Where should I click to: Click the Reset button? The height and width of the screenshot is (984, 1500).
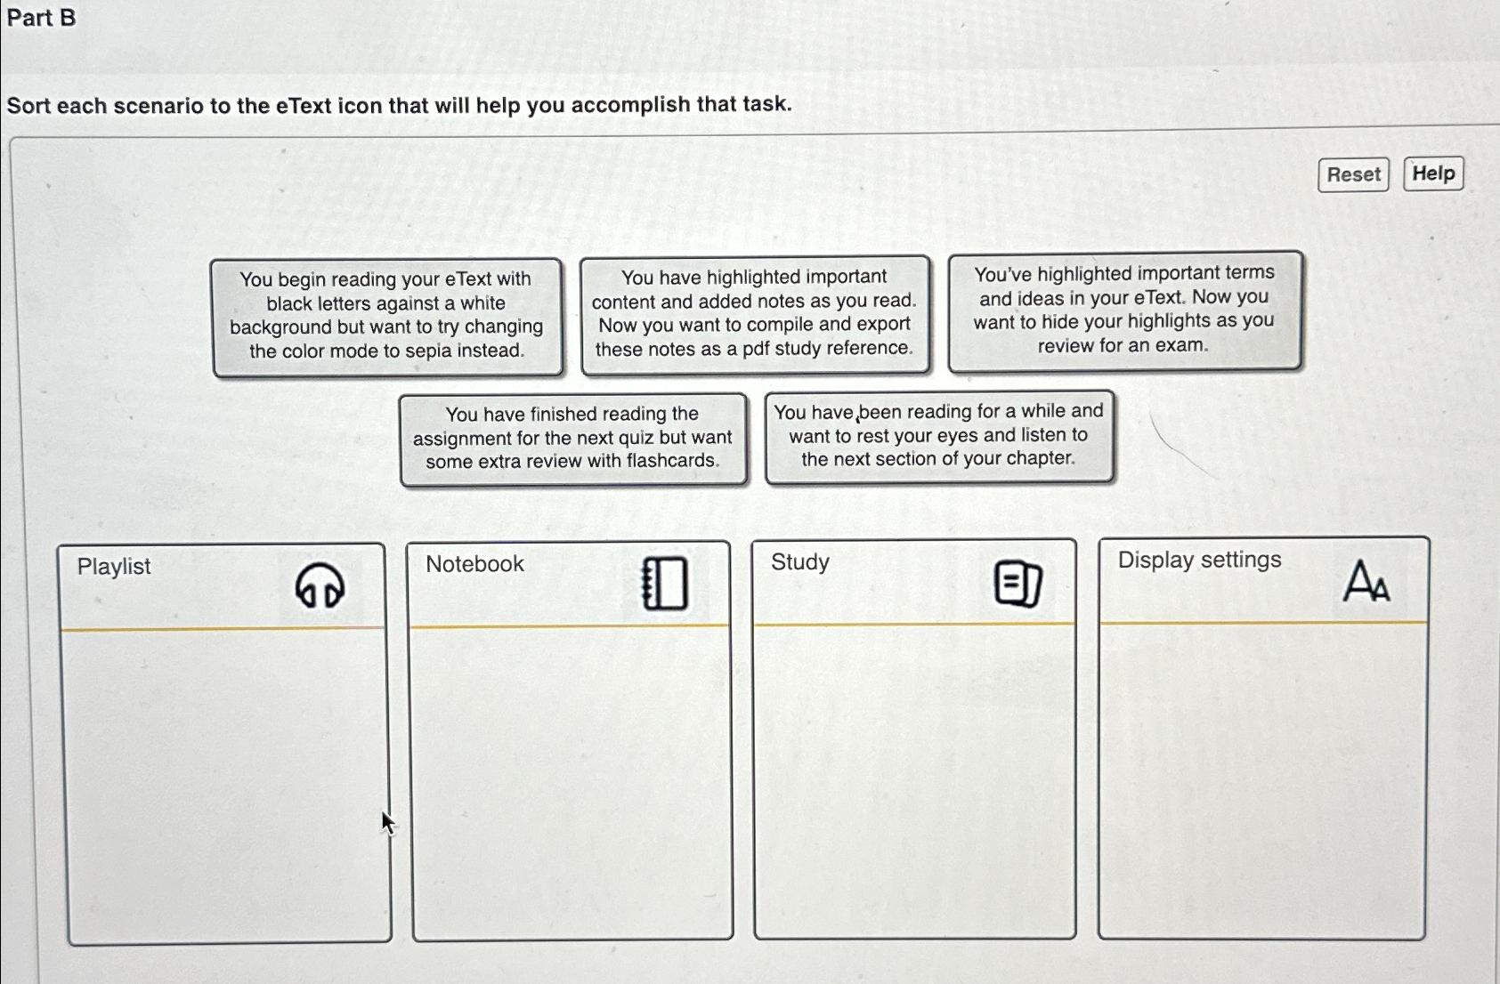tap(1353, 174)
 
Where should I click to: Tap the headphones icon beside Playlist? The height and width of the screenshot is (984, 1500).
tap(320, 585)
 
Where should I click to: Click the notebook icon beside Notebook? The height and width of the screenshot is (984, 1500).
tap(665, 584)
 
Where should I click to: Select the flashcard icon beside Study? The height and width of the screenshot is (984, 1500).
tap(1018, 584)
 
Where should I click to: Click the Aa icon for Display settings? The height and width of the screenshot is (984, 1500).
tap(1366, 581)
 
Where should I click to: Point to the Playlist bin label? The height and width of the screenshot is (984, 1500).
tap(114, 567)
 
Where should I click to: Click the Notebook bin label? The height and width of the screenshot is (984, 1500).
tap(474, 564)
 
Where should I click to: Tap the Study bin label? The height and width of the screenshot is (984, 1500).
tap(800, 562)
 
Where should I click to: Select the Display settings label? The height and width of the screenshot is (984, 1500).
tap(1199, 560)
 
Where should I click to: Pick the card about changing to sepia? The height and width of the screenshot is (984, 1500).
tap(387, 316)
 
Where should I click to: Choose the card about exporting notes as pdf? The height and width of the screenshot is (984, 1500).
tap(754, 313)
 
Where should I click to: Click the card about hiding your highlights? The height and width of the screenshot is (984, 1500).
tap(1124, 310)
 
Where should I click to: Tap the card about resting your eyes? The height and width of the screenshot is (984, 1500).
tap(938, 436)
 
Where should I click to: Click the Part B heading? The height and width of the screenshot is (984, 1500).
tap(41, 18)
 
